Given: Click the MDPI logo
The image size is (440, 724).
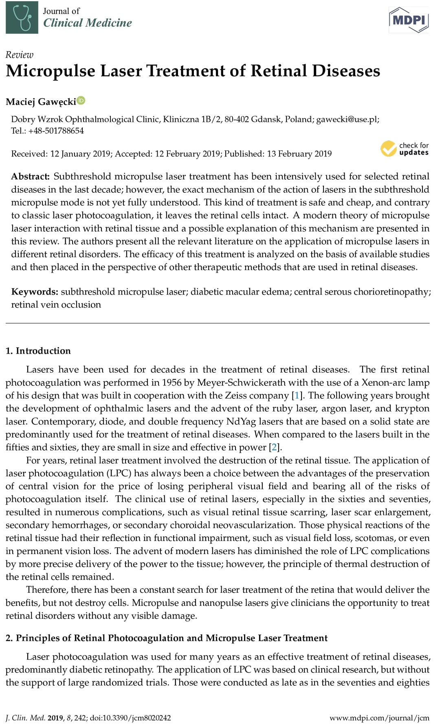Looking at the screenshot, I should [409, 19].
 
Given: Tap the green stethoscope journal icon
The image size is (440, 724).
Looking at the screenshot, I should [22, 17].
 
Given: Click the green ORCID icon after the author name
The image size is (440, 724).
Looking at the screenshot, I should [81, 100].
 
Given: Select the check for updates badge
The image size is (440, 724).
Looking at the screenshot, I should [405, 149].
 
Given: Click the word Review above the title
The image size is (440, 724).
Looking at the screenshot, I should [19, 55].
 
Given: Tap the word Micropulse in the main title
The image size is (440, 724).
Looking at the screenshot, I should [51, 71].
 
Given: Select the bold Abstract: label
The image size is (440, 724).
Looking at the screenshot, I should [30, 176].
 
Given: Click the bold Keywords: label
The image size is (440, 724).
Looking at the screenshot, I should [34, 292].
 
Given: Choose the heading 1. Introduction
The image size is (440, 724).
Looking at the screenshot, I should [38, 351].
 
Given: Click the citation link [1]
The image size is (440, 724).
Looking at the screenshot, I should [297, 396].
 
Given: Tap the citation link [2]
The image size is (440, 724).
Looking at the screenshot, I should [275, 447].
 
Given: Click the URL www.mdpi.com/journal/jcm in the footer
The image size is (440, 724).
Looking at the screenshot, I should [379, 718].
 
